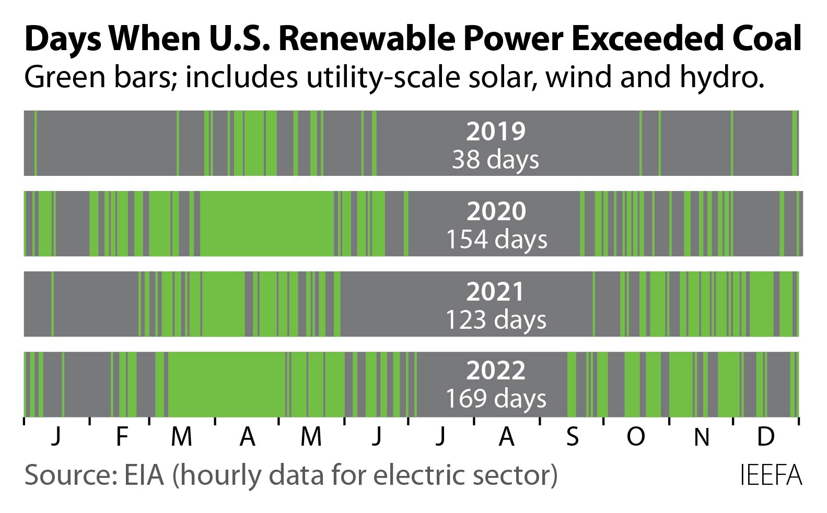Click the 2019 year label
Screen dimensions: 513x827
click(x=496, y=132)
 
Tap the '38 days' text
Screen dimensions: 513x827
click(x=495, y=159)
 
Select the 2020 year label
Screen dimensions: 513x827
click(x=496, y=211)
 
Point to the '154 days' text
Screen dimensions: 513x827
click(x=496, y=239)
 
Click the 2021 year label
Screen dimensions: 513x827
click(x=495, y=292)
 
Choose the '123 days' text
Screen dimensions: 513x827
click(x=495, y=319)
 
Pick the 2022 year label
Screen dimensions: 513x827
click(x=495, y=371)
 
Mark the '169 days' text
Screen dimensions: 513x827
click(x=495, y=399)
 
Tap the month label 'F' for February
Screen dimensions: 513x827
click(x=122, y=436)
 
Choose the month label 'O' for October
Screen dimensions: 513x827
click(x=635, y=436)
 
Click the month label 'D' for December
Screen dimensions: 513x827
click(x=765, y=436)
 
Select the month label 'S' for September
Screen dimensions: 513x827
click(x=573, y=436)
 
